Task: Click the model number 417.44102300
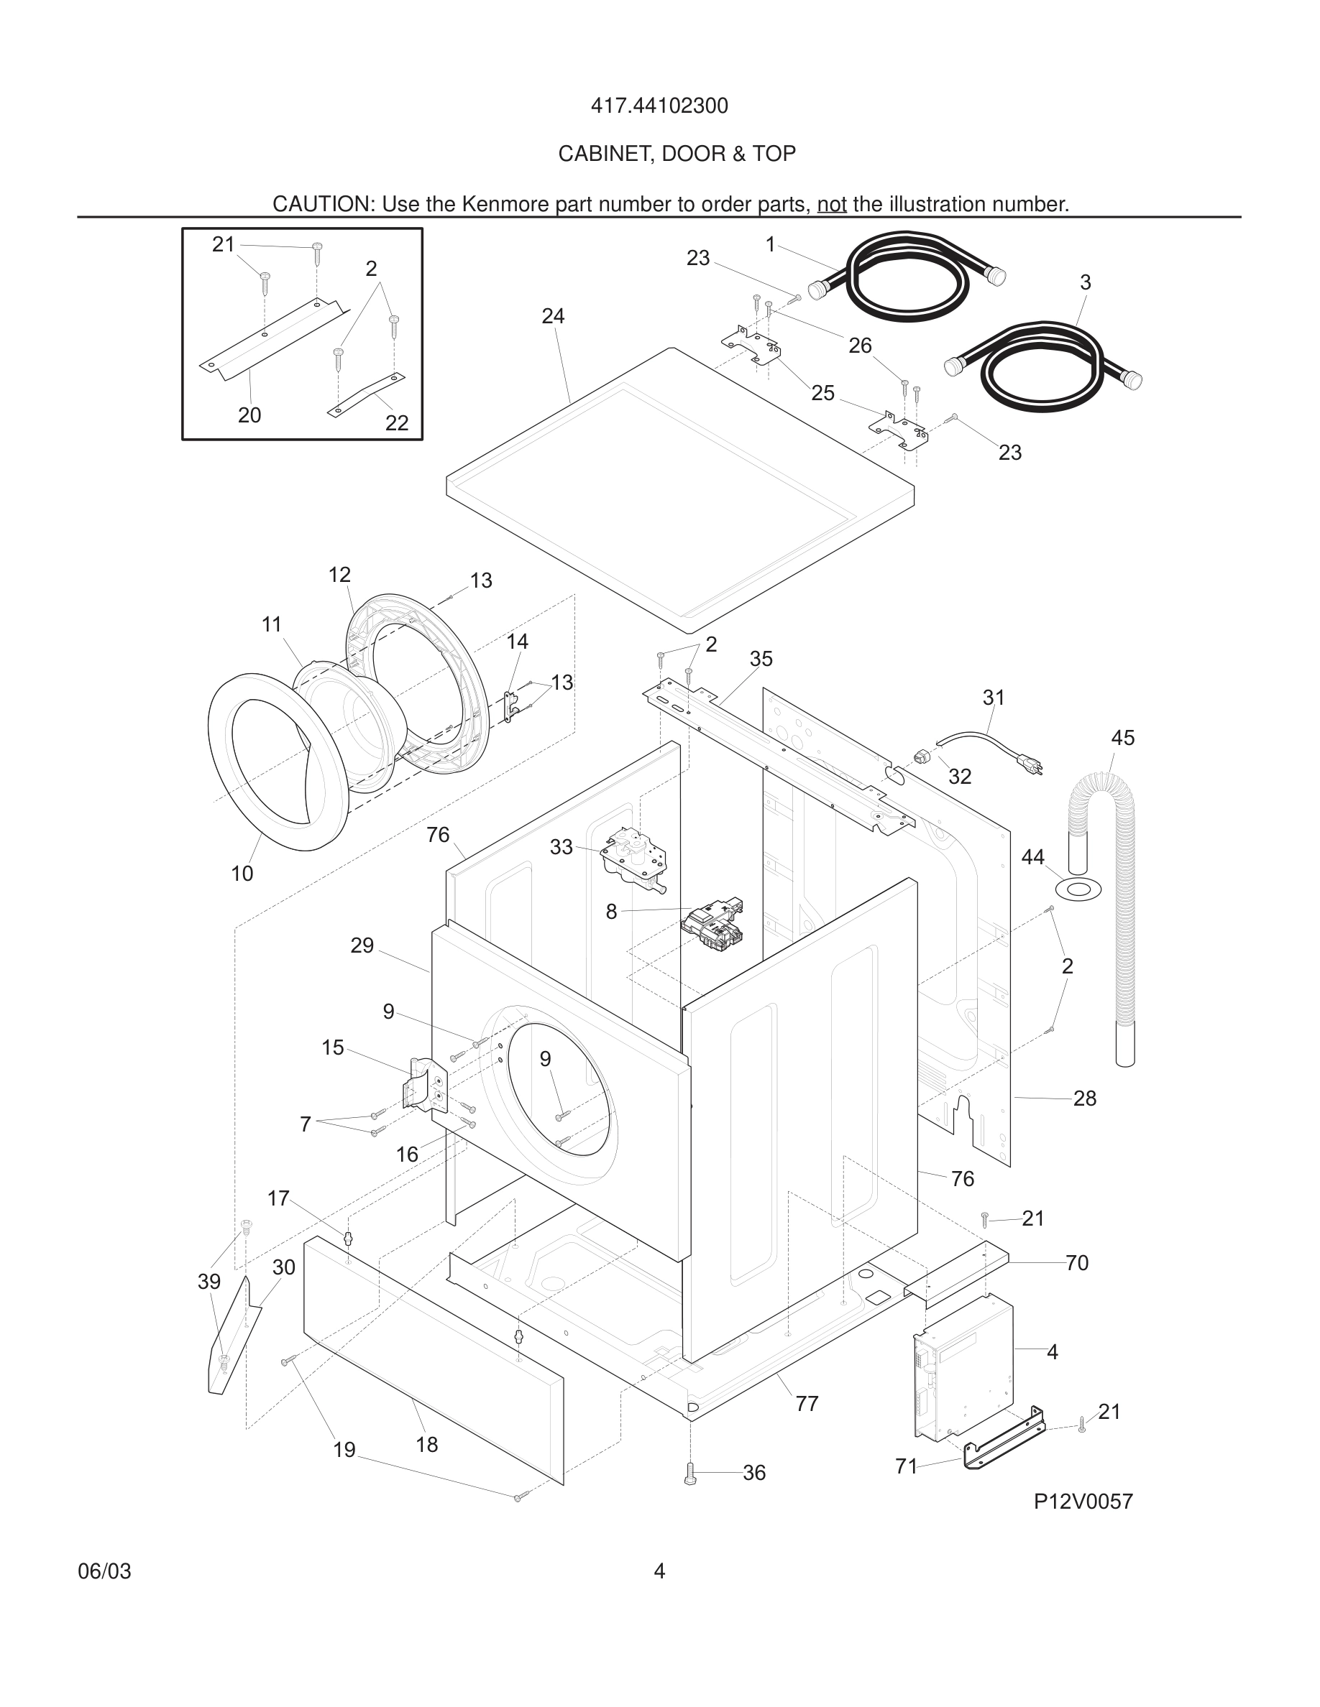click(x=659, y=106)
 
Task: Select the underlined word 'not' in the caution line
click(x=831, y=205)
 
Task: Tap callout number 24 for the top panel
click(x=553, y=316)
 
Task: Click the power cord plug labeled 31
click(x=1030, y=765)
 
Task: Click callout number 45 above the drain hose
click(x=1122, y=737)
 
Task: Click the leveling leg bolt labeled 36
click(x=689, y=1474)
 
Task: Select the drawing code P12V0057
click(x=1083, y=1502)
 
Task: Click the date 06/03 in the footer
click(x=104, y=1571)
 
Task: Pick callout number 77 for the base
click(x=806, y=1404)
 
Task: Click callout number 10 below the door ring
click(x=242, y=874)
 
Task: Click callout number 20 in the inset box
click(x=249, y=415)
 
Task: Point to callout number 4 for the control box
click(x=1052, y=1351)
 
